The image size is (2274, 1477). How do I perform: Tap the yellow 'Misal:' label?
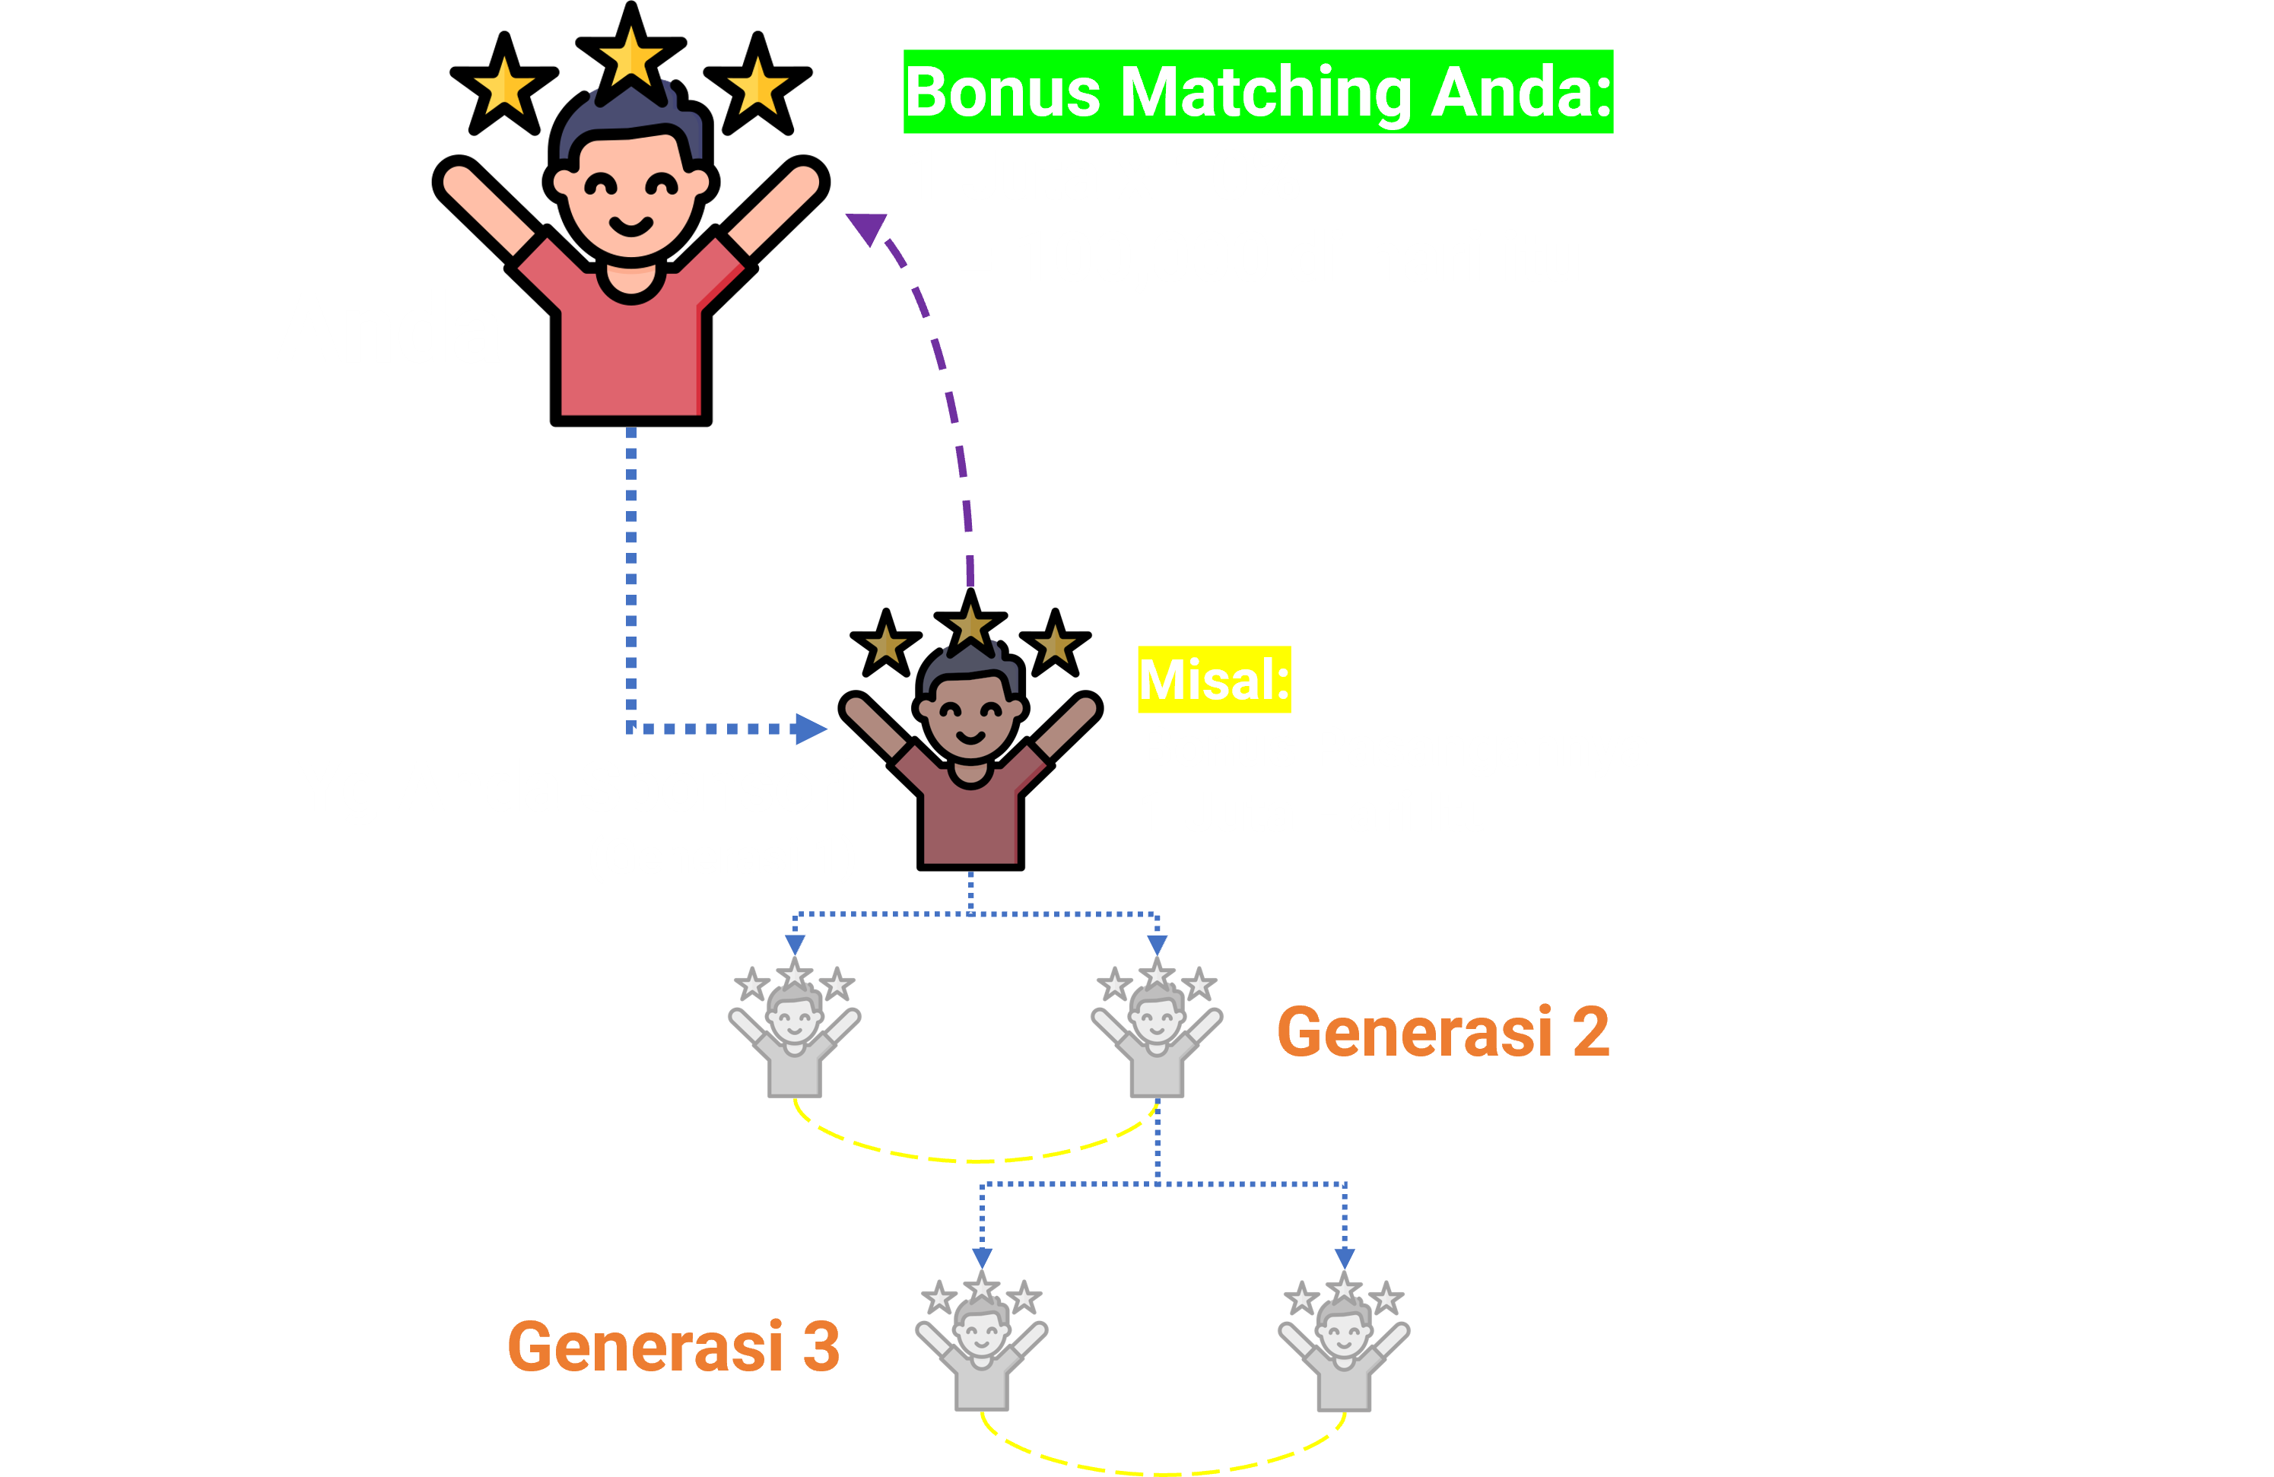click(x=1214, y=679)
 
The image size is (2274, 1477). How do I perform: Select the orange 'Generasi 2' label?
click(x=1443, y=1032)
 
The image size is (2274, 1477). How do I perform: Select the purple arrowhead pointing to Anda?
click(x=866, y=227)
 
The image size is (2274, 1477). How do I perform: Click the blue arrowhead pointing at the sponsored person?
click(x=809, y=729)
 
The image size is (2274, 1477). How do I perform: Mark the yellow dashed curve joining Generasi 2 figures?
click(x=974, y=1160)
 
